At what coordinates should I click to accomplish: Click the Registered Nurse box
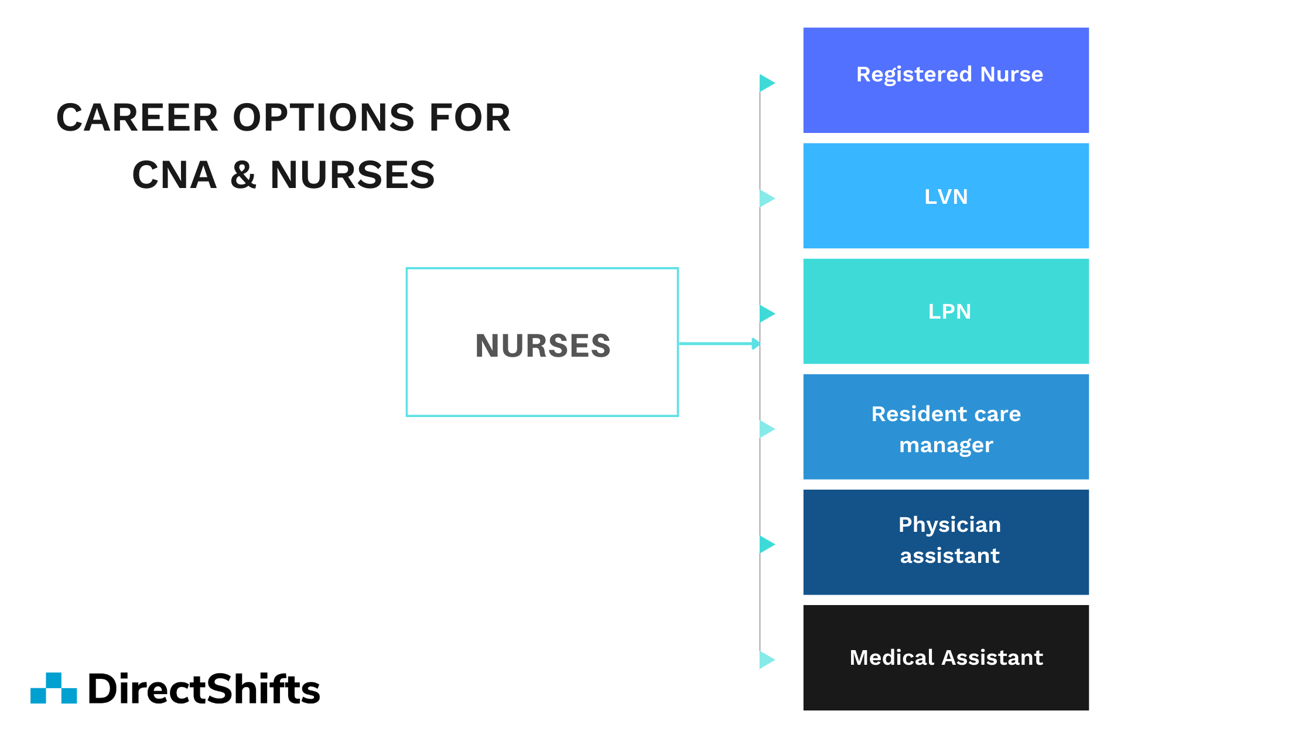pyautogui.click(x=945, y=80)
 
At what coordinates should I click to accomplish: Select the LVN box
pyautogui.click(x=945, y=196)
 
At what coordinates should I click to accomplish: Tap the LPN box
pyautogui.click(x=945, y=311)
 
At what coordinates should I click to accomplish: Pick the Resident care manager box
pyautogui.click(x=945, y=427)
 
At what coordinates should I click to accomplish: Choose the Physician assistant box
pyautogui.click(x=945, y=542)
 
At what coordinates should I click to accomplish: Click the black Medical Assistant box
pyautogui.click(x=945, y=657)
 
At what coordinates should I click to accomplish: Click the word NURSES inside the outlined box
pyautogui.click(x=542, y=346)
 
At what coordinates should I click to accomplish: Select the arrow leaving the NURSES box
pyautogui.click(x=719, y=344)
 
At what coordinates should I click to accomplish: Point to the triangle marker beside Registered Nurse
pyautogui.click(x=767, y=83)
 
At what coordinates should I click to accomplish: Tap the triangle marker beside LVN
pyautogui.click(x=767, y=198)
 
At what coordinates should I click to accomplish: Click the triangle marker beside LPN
pyautogui.click(x=767, y=313)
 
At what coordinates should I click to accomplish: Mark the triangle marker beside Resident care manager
pyautogui.click(x=767, y=429)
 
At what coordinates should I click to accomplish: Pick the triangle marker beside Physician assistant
pyautogui.click(x=767, y=544)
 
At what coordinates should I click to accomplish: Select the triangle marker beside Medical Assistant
pyautogui.click(x=767, y=660)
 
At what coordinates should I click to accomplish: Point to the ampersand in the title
pyautogui.click(x=243, y=175)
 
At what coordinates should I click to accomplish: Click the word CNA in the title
pyautogui.click(x=175, y=175)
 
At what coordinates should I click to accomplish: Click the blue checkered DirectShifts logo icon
pyautogui.click(x=54, y=688)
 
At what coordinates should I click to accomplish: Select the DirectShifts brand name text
pyautogui.click(x=204, y=689)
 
